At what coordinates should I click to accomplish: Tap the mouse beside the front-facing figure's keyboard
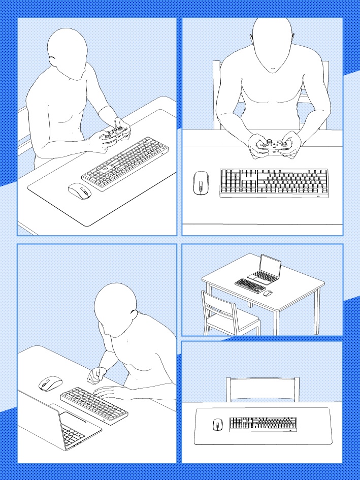pyautogui.click(x=201, y=183)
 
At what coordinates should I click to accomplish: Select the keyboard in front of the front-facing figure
pyautogui.click(x=274, y=183)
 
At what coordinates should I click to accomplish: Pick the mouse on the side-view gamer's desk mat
pyautogui.click(x=80, y=191)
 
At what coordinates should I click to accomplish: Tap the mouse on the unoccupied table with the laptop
pyautogui.click(x=268, y=293)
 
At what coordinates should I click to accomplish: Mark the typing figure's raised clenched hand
pyautogui.click(x=94, y=376)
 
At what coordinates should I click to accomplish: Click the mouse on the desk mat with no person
pyautogui.click(x=218, y=425)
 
